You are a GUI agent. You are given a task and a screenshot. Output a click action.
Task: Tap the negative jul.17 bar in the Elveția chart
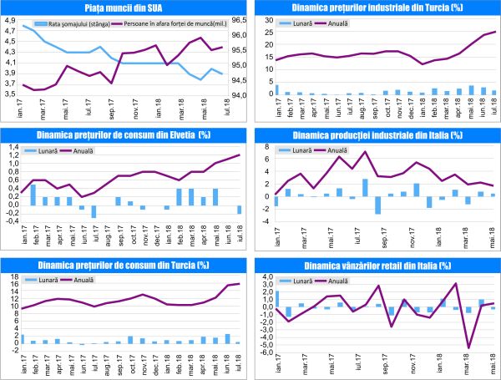click(94, 211)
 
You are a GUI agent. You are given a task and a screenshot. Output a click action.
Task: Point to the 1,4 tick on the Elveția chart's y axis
click(11, 145)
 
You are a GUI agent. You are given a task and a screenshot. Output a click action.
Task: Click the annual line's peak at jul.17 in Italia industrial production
click(365, 152)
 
